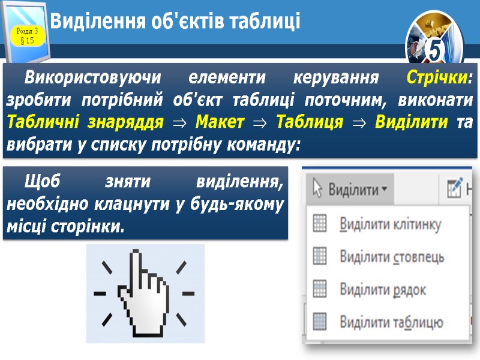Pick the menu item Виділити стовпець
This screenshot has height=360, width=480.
392,257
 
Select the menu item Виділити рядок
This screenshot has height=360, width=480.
383,290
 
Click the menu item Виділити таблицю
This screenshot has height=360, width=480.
391,322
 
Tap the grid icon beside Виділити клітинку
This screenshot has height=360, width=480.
320,224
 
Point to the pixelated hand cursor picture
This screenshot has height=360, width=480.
145,293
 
